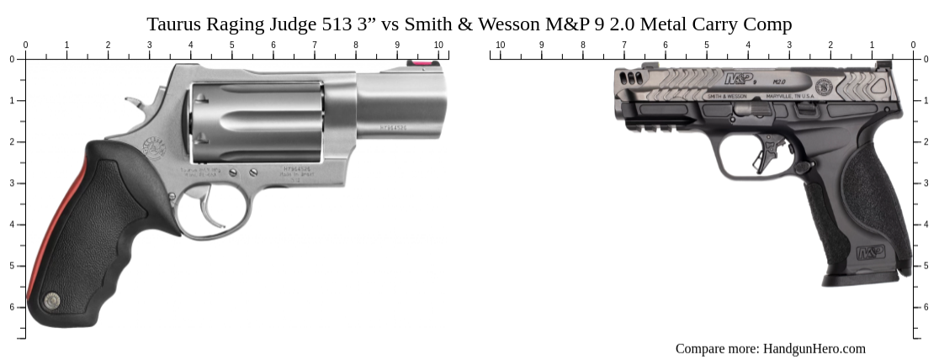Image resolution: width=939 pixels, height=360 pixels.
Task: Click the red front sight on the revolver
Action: click(416, 62)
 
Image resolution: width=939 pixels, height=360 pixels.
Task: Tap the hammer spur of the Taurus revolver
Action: click(134, 104)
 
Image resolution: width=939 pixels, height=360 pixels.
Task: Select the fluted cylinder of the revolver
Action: click(257, 122)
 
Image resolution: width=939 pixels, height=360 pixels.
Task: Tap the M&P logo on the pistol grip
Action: click(870, 252)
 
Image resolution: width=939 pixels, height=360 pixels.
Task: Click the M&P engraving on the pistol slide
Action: click(739, 80)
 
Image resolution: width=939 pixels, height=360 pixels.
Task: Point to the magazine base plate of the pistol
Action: click(867, 278)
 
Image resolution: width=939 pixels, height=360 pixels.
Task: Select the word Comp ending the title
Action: click(769, 24)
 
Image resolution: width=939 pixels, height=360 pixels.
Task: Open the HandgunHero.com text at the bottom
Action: click(814, 348)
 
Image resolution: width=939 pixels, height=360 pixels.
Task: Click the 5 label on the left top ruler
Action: click(232, 45)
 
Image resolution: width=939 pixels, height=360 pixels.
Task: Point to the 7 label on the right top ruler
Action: click(624, 45)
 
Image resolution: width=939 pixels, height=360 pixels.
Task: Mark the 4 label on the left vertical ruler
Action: click(12, 225)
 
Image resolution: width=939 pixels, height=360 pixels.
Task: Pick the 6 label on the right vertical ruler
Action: click(926, 307)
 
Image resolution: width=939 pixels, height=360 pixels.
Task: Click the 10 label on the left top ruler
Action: click(438, 45)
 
